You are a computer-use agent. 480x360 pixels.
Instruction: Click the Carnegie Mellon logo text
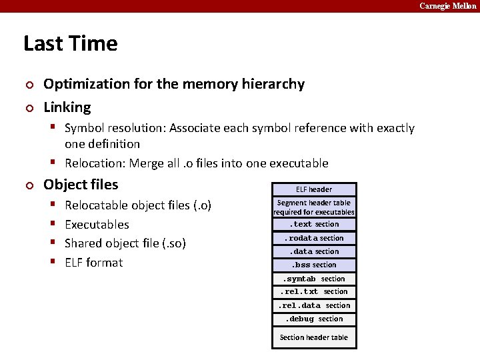[447, 6]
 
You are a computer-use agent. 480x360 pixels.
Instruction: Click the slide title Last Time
[70, 43]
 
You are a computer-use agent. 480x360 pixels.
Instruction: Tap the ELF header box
[314, 189]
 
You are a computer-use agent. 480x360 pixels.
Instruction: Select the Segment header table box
[314, 207]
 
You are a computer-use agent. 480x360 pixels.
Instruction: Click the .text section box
[314, 225]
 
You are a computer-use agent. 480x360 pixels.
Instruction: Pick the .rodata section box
[314, 238]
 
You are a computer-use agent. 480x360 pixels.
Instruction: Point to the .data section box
[314, 251]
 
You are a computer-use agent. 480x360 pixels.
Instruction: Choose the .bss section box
[314, 265]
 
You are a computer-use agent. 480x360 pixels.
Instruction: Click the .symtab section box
[314, 279]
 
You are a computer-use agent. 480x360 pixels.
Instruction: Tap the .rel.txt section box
[314, 291]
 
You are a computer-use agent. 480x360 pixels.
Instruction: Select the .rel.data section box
[314, 305]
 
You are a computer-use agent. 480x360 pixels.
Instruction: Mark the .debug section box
[314, 319]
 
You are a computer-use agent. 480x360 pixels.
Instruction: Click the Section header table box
[314, 337]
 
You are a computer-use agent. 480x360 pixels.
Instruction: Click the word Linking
[67, 107]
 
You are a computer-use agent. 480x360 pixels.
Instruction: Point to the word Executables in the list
[97, 225]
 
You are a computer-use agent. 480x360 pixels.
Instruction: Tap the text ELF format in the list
[93, 263]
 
